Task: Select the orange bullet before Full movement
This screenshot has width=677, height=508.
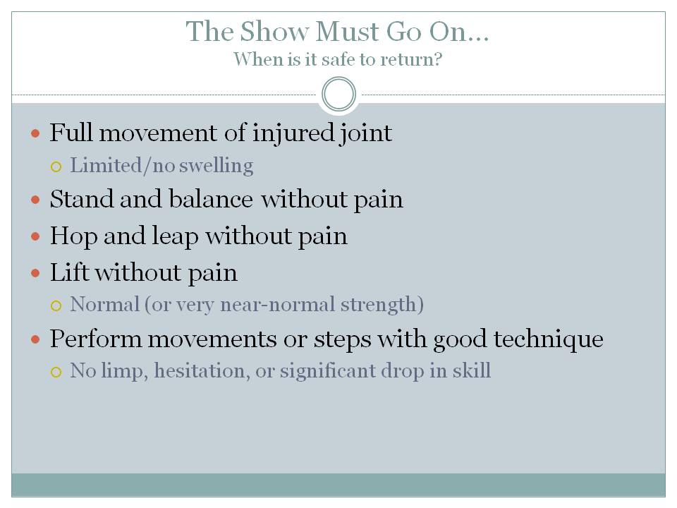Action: tap(37, 133)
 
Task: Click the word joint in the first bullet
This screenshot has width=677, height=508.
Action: tap(367, 133)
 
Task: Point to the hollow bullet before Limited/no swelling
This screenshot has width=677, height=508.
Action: tap(56, 167)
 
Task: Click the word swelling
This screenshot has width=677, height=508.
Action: tap(219, 166)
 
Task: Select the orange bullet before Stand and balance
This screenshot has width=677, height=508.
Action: tap(37, 200)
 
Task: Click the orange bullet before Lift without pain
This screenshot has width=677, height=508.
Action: tap(37, 273)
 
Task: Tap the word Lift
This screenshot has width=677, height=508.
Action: tap(69, 272)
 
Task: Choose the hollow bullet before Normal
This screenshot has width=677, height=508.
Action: tap(56, 306)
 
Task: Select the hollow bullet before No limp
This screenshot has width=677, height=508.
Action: tap(56, 372)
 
